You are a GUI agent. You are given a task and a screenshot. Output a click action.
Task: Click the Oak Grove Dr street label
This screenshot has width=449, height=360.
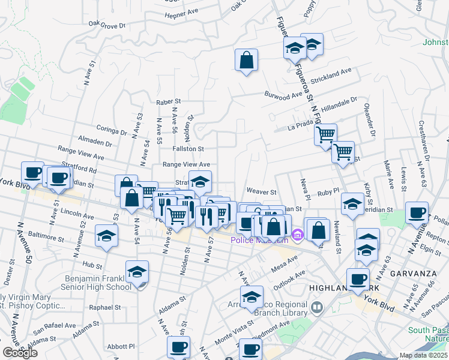point(106,25)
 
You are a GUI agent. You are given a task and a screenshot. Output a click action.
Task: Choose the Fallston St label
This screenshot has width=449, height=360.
point(188,149)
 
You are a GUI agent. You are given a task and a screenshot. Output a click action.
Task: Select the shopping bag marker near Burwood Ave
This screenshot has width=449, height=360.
point(246,61)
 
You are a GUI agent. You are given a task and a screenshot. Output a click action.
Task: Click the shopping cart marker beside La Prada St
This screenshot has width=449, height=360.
point(325,134)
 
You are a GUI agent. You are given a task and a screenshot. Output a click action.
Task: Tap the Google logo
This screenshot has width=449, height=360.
point(20,353)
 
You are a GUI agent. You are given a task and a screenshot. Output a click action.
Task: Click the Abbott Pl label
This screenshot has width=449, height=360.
point(123,346)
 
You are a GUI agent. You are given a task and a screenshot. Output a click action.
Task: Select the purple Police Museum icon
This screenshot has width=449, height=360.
point(295,234)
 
